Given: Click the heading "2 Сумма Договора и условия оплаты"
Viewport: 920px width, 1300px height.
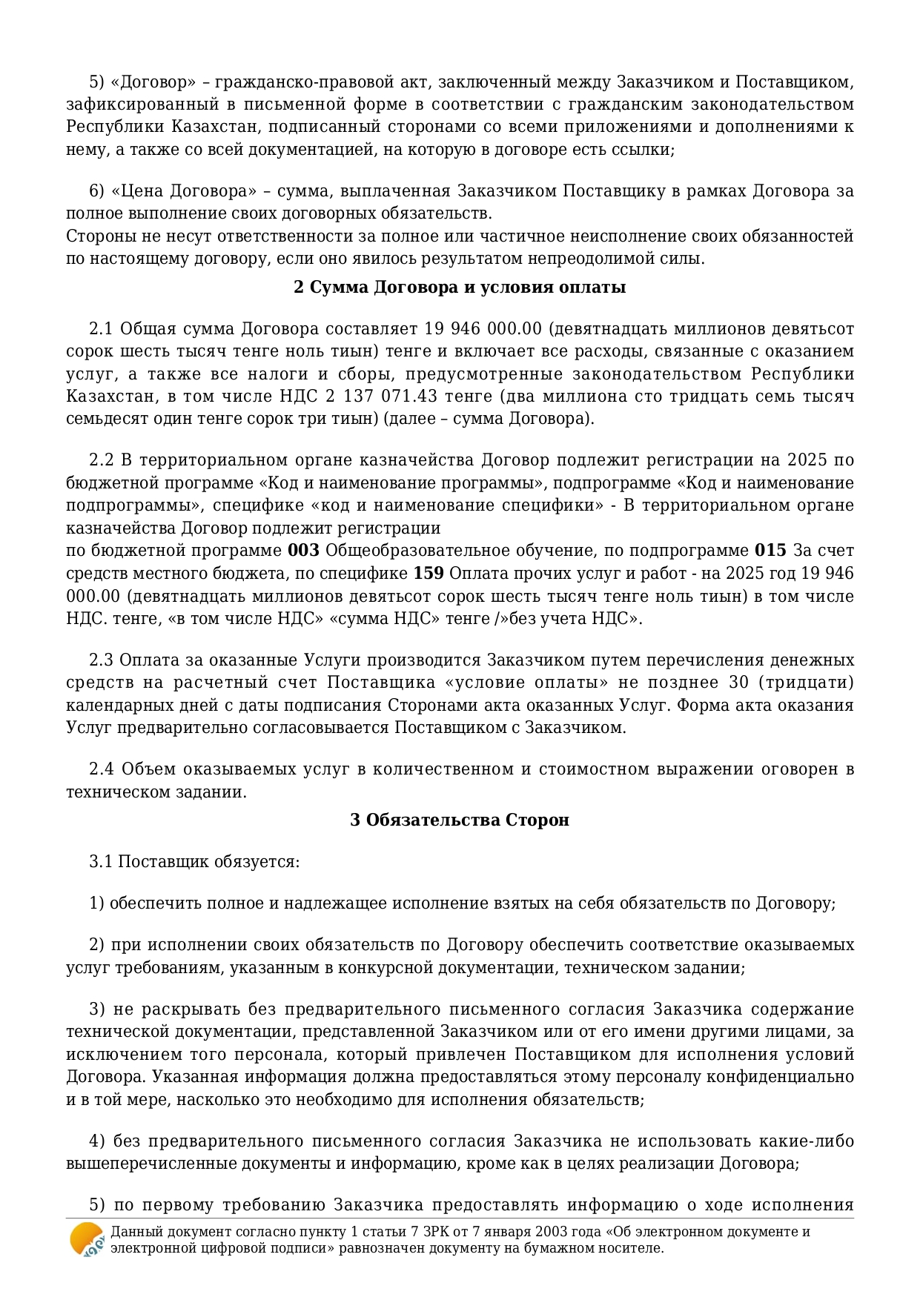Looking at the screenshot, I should pyautogui.click(x=460, y=287).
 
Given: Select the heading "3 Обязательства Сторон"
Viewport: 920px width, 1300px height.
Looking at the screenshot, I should pyautogui.click(x=460, y=820).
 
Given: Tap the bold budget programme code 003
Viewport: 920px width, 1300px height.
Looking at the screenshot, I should pyautogui.click(x=303, y=551).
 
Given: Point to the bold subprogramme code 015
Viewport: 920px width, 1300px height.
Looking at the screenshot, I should pyautogui.click(x=770, y=551).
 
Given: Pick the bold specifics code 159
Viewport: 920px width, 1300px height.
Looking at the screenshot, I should pyautogui.click(x=428, y=574).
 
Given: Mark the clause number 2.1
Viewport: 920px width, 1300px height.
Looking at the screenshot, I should pyautogui.click(x=101, y=328).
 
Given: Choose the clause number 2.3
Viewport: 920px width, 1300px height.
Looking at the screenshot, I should pyautogui.click(x=101, y=660).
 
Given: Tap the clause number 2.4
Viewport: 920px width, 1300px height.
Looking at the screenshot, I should pyautogui.click(x=101, y=769).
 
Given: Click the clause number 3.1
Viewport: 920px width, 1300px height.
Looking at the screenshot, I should pyautogui.click(x=101, y=861).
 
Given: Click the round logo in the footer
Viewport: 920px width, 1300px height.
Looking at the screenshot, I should pyautogui.click(x=87, y=1239).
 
